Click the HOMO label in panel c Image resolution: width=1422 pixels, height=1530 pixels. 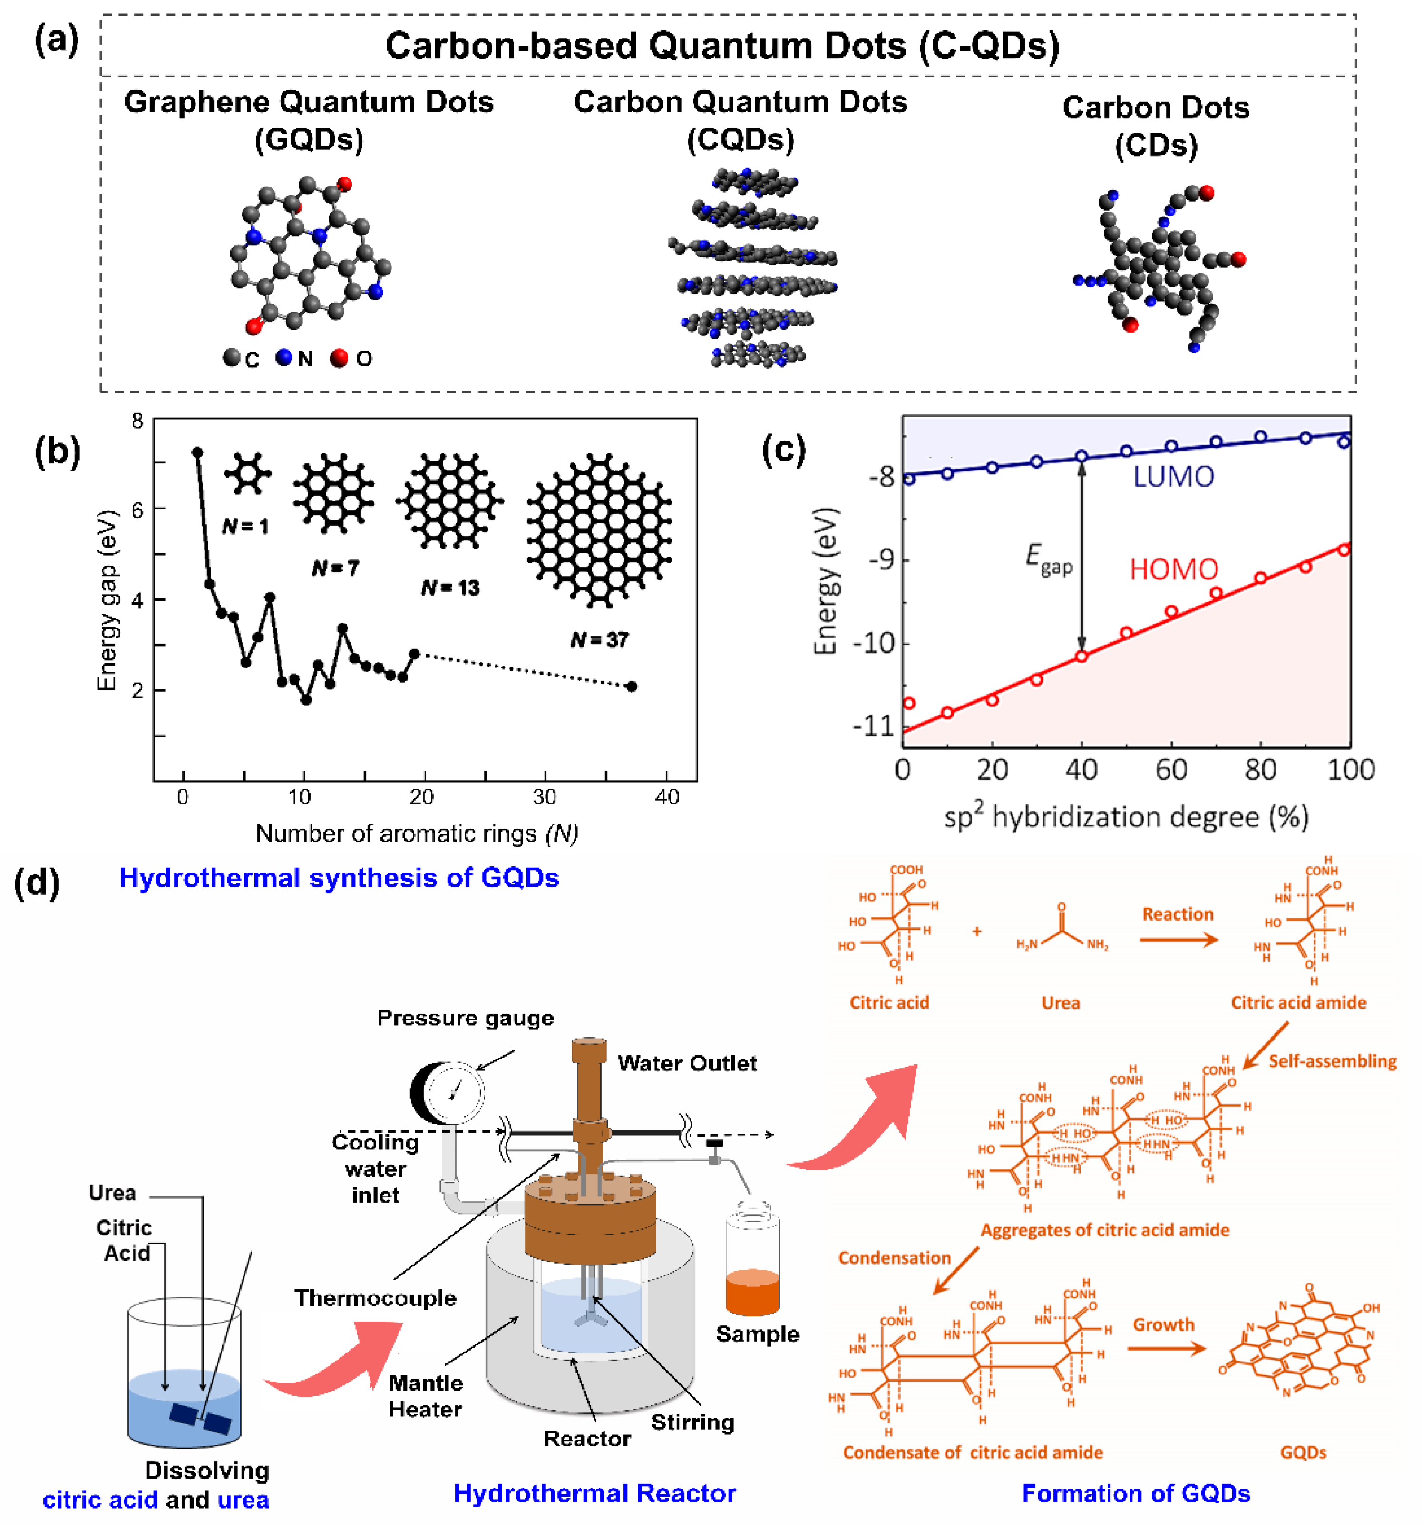click(1173, 569)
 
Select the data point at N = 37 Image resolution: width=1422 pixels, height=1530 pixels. click(632, 687)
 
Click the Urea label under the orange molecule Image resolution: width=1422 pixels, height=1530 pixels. click(1061, 1003)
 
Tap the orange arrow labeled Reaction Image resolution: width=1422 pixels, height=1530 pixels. click(1178, 940)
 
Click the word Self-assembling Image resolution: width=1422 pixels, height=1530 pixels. click(1332, 1061)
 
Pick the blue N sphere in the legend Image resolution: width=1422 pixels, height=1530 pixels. click(284, 357)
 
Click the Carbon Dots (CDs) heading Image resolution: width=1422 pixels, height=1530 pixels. click(1156, 126)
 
